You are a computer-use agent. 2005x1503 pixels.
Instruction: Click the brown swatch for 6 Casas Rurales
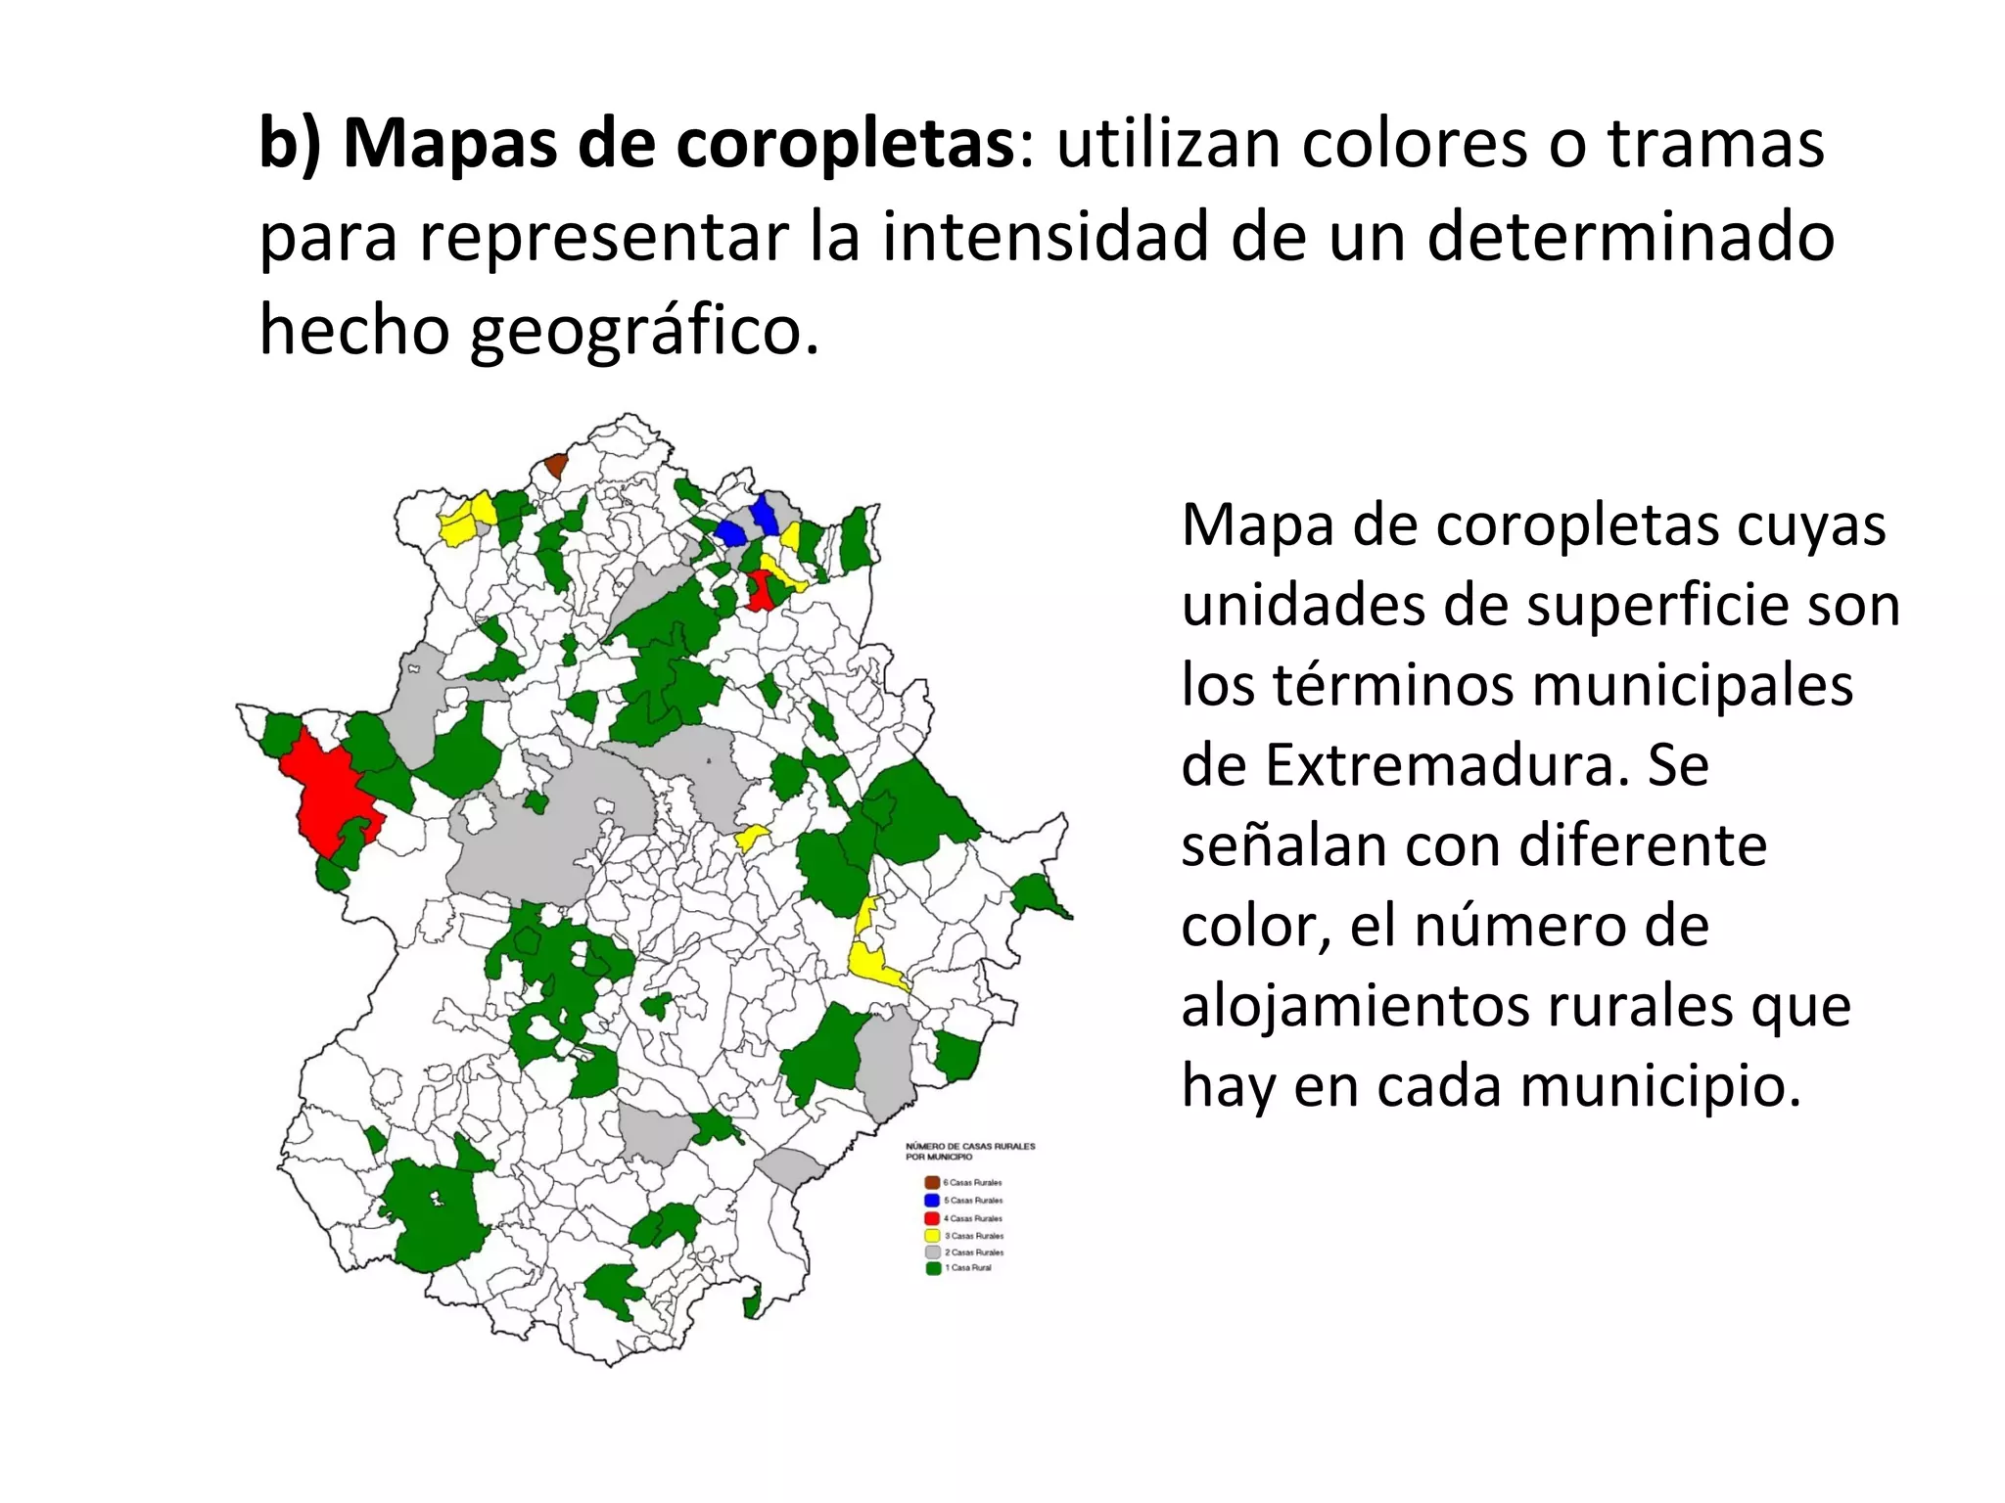[932, 1182]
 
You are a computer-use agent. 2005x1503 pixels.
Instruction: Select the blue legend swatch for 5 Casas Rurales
[932, 1200]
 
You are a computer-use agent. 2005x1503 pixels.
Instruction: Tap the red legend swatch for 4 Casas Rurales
[932, 1218]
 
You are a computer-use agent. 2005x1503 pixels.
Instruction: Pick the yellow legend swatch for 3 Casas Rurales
[932, 1236]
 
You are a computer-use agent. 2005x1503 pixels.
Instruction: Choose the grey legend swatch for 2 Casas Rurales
[932, 1252]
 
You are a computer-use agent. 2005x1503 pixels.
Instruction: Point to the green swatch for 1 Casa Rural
[932, 1268]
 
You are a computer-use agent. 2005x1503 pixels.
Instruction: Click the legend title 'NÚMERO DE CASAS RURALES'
[970, 1146]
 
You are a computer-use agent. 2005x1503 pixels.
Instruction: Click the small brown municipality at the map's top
[556, 465]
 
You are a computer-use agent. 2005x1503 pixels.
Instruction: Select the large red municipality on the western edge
[328, 793]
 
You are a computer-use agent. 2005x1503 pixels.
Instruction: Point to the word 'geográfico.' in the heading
[643, 331]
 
